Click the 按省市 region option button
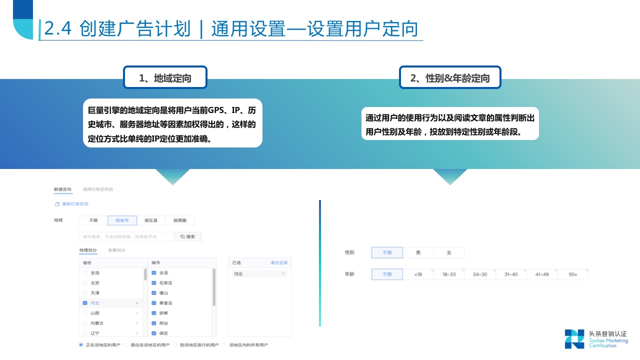(122, 220)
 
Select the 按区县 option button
(151, 220)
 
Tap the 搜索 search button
(187, 236)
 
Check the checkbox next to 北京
(85, 283)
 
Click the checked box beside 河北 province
(85, 303)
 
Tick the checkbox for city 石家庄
(154, 283)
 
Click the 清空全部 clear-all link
(278, 262)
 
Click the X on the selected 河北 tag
(283, 274)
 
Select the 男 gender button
(418, 252)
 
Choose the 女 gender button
(449, 252)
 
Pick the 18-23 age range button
(449, 274)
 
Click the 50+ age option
(573, 274)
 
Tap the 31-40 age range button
(511, 274)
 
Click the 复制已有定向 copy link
(75, 204)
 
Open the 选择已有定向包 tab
(98, 189)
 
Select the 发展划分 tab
(116, 250)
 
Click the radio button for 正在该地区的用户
(81, 344)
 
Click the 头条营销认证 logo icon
(574, 338)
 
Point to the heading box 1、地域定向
(165, 77)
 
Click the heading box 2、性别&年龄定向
(450, 77)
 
